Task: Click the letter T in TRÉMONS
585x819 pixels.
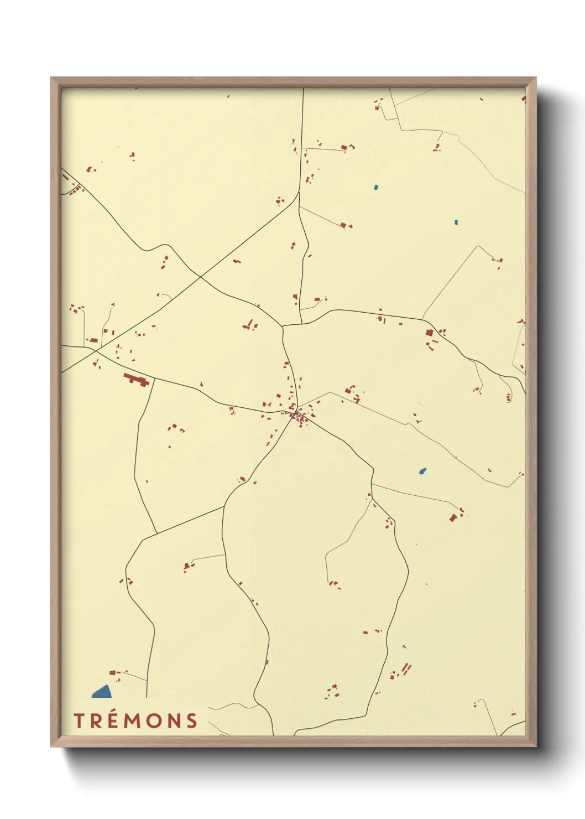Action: (x=79, y=721)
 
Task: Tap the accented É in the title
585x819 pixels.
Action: (x=113, y=720)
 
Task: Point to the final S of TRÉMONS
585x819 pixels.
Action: (x=192, y=721)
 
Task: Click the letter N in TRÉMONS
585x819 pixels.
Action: (x=174, y=721)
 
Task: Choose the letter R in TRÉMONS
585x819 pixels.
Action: (x=96, y=721)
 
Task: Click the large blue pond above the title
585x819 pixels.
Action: (x=102, y=691)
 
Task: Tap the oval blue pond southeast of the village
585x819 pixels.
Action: (x=422, y=471)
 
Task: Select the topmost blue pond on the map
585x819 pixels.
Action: (x=376, y=187)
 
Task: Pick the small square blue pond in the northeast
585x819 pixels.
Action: (x=456, y=222)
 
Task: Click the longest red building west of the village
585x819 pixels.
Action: (x=135, y=380)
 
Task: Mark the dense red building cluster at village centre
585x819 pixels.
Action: (x=299, y=418)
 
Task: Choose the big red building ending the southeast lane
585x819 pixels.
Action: (x=453, y=518)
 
